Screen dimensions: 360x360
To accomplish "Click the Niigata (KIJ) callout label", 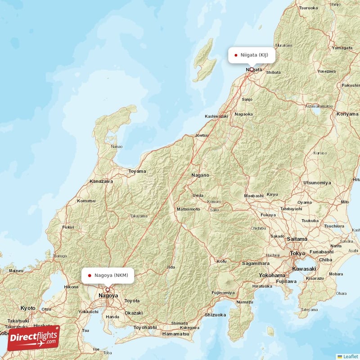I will coord(252,55).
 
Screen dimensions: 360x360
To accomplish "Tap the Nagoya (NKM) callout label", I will coord(108,275).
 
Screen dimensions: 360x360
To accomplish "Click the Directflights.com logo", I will coord(33,338).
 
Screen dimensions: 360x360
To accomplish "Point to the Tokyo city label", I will coord(297,254).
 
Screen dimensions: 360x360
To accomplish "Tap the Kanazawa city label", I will coord(101,181).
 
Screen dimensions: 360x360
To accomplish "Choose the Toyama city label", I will coord(137,171).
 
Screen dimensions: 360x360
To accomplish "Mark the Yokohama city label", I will coord(272,275).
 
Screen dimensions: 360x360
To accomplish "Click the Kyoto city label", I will coord(28,308).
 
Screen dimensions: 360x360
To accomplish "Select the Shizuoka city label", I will coord(215,315).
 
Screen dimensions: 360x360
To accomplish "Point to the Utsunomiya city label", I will coord(317,183).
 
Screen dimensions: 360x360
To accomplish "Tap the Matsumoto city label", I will coord(188,209).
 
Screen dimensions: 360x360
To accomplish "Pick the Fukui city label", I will coord(68,227).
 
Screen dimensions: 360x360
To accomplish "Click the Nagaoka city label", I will coord(244,114).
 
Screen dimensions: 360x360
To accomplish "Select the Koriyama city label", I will coord(347,114).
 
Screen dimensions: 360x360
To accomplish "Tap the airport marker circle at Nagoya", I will coord(108,290).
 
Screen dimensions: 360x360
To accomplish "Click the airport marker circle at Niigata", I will coord(252,70).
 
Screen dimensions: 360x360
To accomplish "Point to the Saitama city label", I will coord(297,239).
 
